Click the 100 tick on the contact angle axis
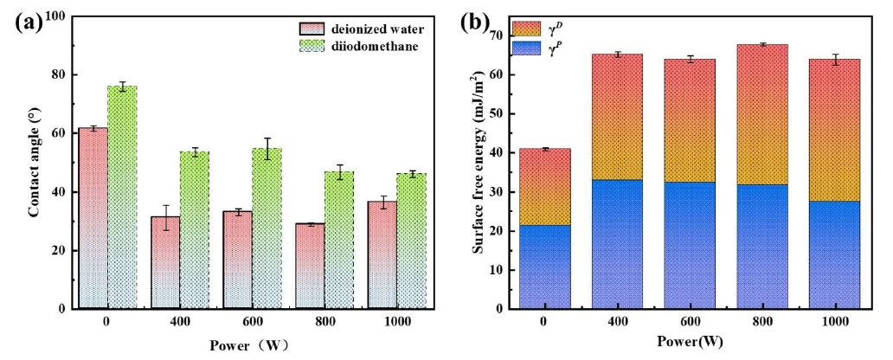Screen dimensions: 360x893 coord(58,16)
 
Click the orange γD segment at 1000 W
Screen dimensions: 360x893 coord(834,130)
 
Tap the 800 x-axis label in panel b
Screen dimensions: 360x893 coord(761,323)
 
